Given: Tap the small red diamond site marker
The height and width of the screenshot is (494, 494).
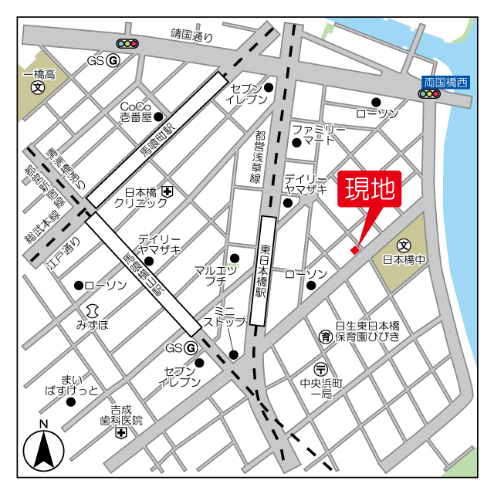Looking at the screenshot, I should (x=355, y=249).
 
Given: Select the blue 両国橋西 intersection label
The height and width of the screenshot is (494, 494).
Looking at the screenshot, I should (x=446, y=82).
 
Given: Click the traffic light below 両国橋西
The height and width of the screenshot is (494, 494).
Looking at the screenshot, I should (x=429, y=94).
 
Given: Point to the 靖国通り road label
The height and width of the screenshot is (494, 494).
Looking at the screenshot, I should (x=191, y=35).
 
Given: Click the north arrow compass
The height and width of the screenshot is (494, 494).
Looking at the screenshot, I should (x=43, y=449).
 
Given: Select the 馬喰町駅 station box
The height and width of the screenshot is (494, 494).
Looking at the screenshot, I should (x=157, y=140).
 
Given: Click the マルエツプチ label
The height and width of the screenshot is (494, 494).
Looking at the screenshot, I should (x=215, y=276).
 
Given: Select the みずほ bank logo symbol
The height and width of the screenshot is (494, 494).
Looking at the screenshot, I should (x=92, y=310).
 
